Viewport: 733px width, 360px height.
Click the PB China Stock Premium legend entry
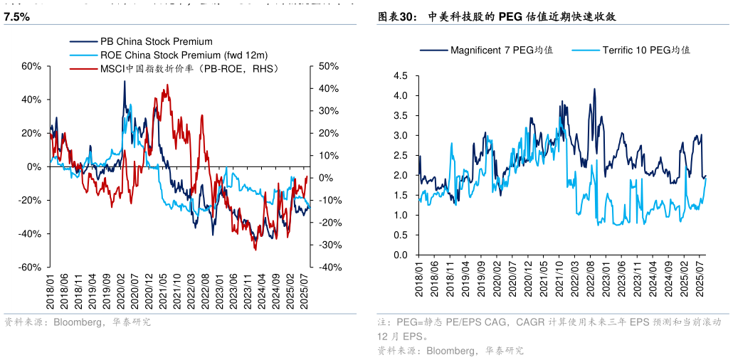[156, 42]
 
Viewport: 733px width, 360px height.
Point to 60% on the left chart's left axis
[32, 66]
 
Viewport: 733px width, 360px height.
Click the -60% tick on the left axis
[31, 267]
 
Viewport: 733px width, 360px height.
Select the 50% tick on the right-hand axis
[328, 66]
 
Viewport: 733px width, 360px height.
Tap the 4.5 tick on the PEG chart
[400, 75]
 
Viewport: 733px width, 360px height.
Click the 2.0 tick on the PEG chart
[400, 175]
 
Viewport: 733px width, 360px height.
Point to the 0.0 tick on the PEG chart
[400, 255]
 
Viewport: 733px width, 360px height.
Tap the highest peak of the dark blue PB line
[125, 81]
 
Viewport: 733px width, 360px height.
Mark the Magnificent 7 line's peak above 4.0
[594, 89]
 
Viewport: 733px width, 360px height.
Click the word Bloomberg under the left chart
[75, 322]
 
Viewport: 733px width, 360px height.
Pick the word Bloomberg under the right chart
[448, 350]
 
